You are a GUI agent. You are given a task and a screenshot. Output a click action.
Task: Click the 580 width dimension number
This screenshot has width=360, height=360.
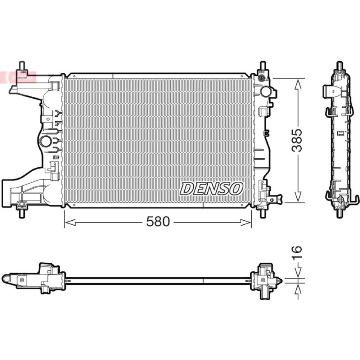[x=158, y=222]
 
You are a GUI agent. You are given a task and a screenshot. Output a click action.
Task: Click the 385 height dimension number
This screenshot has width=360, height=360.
[x=297, y=140]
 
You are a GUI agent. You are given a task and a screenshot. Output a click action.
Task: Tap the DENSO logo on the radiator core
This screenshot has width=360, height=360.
[x=211, y=189]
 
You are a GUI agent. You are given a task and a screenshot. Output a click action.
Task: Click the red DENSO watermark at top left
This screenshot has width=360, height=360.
[x=18, y=77]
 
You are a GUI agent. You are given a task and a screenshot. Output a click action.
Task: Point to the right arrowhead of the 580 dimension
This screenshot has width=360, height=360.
[x=246, y=222]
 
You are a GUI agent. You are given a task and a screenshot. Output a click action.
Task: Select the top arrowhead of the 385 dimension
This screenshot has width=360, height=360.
[x=298, y=84]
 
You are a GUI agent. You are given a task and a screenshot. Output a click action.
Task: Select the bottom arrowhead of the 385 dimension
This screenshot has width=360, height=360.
[x=298, y=197]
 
